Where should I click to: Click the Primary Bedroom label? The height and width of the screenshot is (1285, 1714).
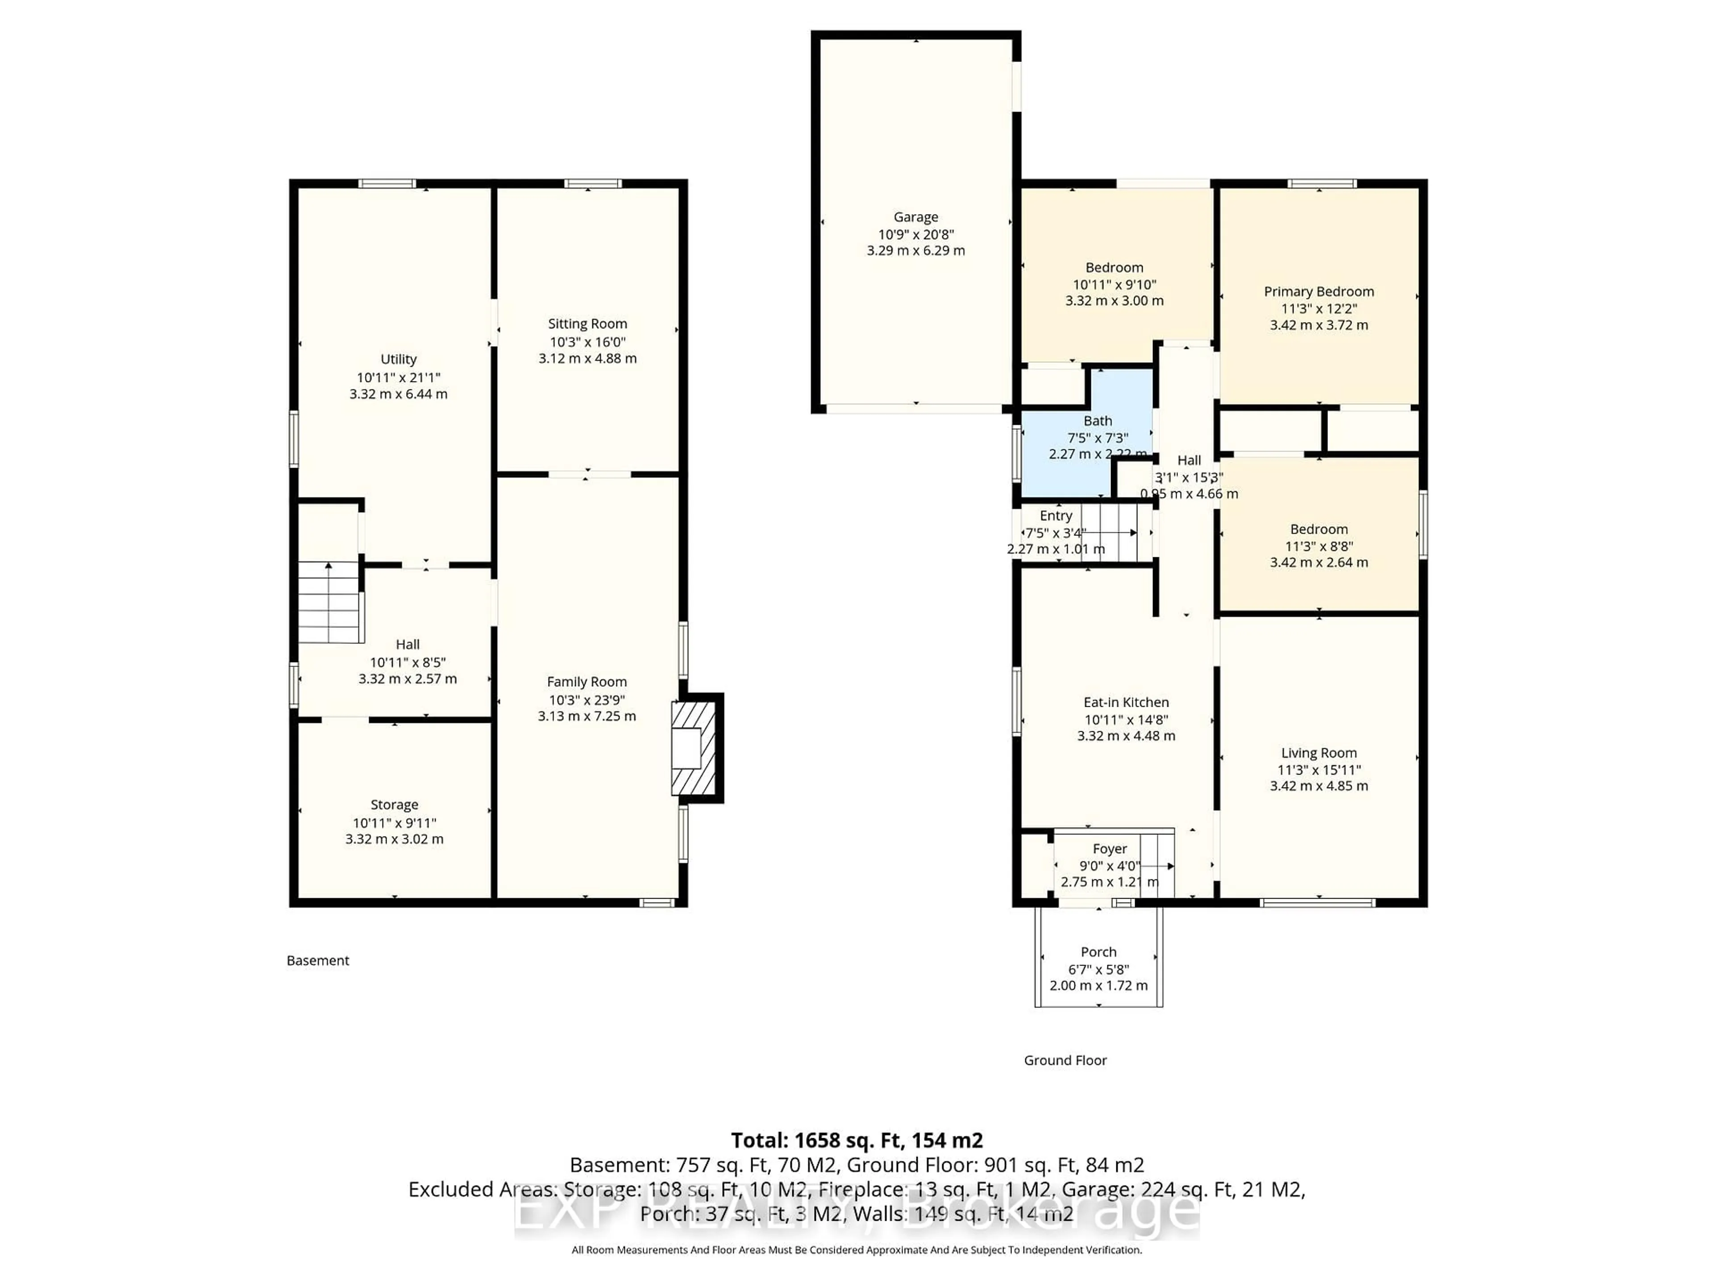pos(1319,291)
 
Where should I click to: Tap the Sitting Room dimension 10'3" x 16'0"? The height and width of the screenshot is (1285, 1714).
pos(587,342)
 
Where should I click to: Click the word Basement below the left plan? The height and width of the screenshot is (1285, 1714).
pos(318,961)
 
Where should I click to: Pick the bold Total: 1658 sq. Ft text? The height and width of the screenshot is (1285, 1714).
pos(856,1140)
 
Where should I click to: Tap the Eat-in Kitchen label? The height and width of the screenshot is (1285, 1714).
pos(1125,702)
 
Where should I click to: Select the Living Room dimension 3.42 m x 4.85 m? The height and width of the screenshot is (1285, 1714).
pos(1319,785)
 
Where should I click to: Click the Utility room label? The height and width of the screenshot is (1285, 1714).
pos(398,359)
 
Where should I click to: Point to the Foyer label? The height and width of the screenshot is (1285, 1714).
pos(1110,849)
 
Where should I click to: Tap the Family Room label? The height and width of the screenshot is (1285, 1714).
pos(587,682)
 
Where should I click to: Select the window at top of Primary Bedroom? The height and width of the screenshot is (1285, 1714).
pos(1322,183)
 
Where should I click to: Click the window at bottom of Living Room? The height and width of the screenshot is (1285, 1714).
pos(1317,902)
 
